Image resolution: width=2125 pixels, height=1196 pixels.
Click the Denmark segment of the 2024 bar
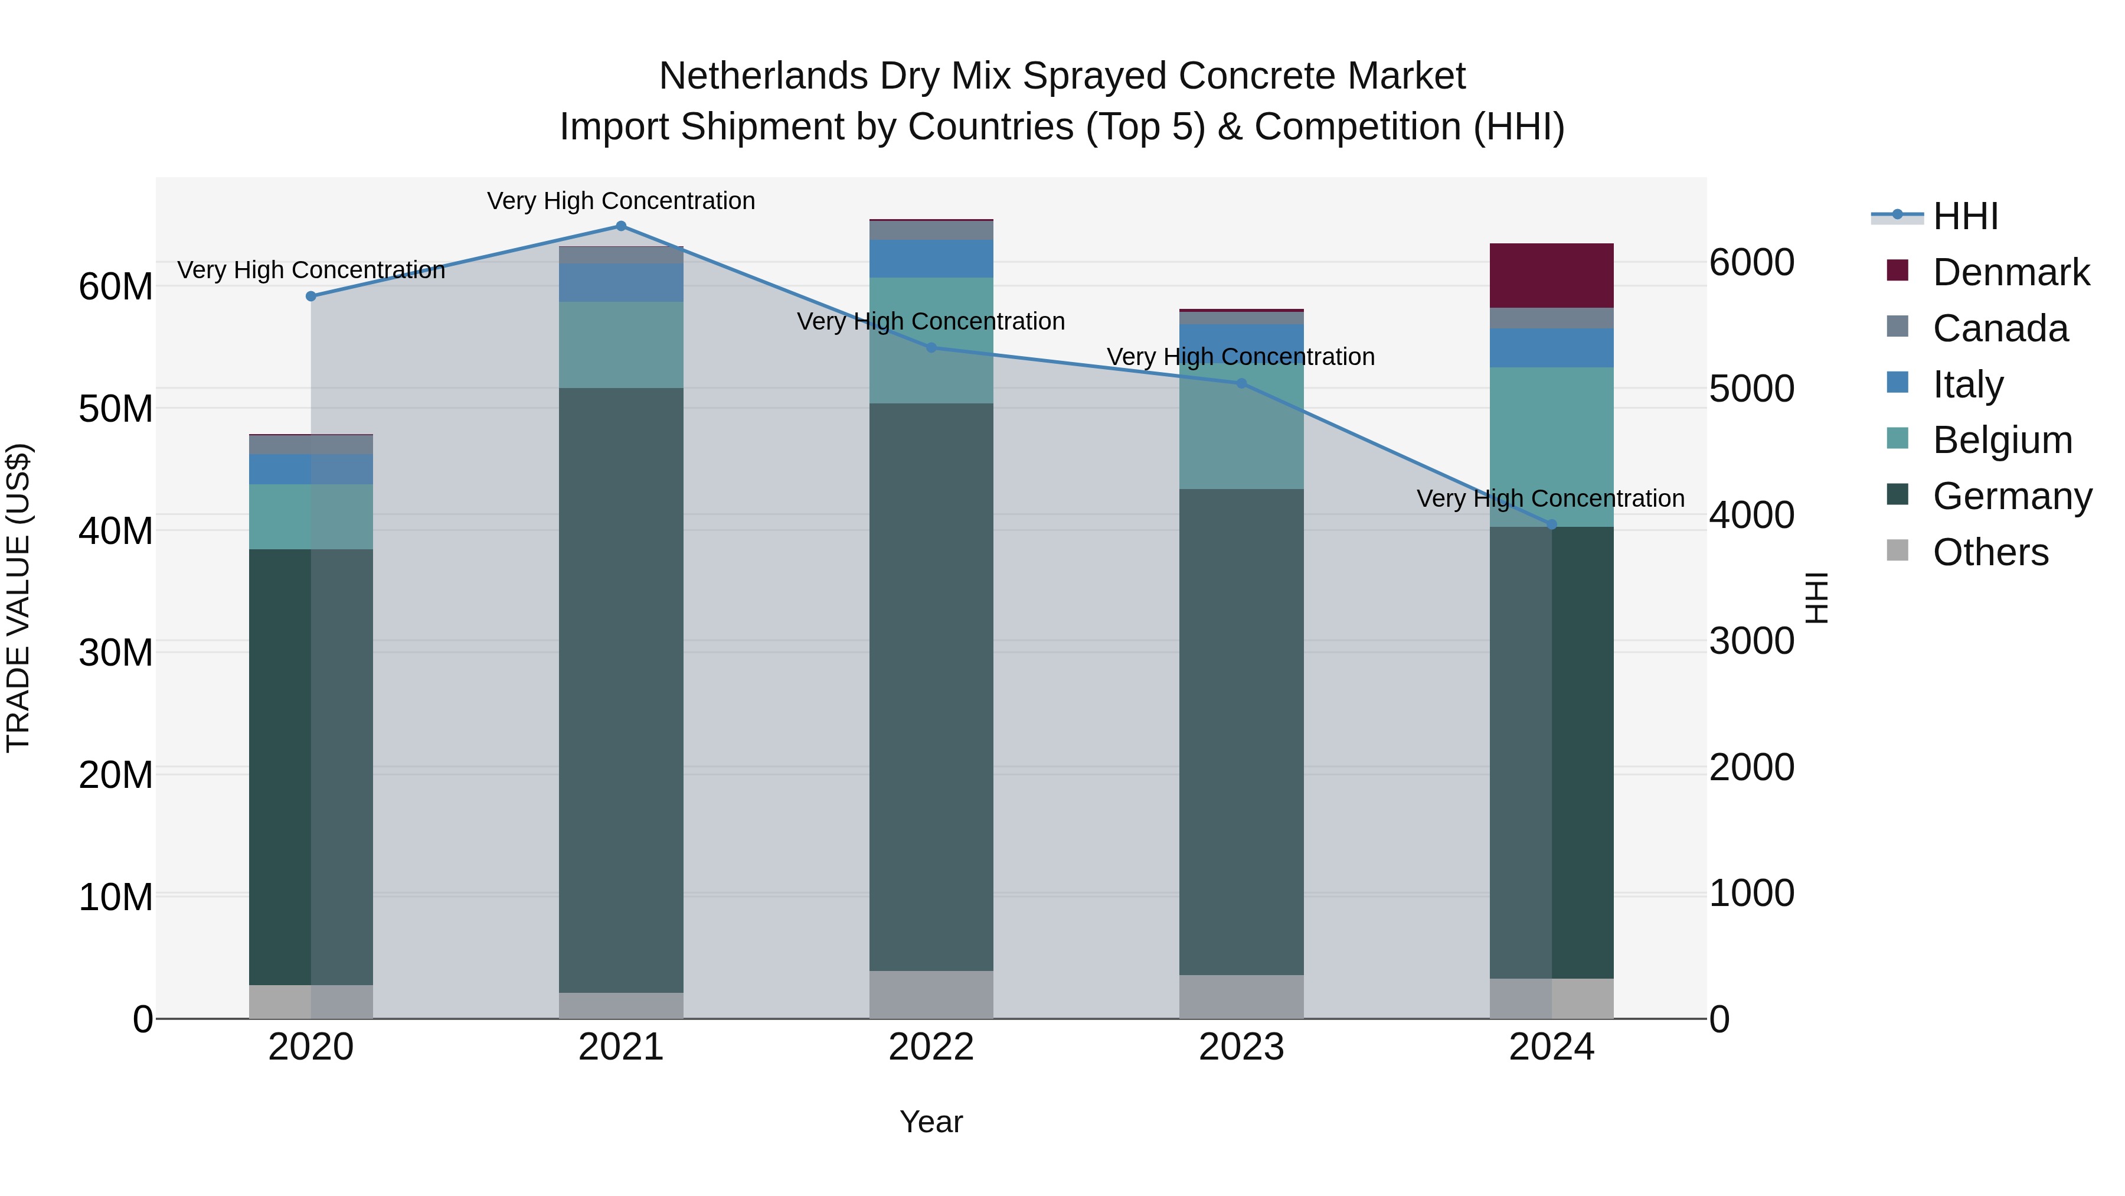click(x=1551, y=276)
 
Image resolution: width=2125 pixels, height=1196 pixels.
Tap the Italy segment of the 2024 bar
click(x=1551, y=347)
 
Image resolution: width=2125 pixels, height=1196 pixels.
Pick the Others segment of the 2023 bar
click(x=1241, y=996)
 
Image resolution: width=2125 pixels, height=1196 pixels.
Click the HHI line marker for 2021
click(x=621, y=226)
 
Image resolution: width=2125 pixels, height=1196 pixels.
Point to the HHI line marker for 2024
click(x=1551, y=524)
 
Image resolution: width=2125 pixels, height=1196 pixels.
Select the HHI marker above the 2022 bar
click(x=931, y=347)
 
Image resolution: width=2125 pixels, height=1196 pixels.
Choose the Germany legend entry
click(x=2011, y=496)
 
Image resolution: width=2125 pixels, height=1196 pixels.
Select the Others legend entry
click(x=1990, y=552)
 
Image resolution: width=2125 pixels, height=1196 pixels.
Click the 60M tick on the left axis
click(x=116, y=286)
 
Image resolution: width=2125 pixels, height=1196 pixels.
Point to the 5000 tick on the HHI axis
click(x=1751, y=389)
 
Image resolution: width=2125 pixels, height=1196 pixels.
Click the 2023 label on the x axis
click(x=1241, y=1047)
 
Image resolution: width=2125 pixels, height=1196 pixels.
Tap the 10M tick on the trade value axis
click(x=116, y=897)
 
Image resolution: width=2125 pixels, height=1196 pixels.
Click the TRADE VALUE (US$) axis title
click(x=18, y=598)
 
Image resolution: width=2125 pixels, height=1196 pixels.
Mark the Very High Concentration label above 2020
click(x=311, y=270)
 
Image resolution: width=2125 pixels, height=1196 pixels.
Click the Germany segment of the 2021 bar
click(x=621, y=689)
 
